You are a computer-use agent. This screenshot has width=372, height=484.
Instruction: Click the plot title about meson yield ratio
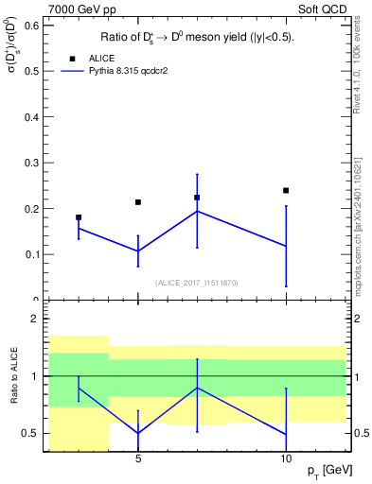tap(197, 38)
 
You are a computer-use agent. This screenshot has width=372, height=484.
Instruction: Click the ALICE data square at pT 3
tap(79, 217)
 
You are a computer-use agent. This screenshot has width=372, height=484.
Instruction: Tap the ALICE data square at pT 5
tap(138, 202)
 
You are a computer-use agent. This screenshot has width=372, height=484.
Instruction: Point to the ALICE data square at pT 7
tap(197, 198)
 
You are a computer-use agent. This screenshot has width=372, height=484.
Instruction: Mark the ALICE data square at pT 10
tap(286, 190)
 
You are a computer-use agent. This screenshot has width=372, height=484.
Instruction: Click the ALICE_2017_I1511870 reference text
tap(197, 282)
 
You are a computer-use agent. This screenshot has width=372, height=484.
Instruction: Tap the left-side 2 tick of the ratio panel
tap(35, 319)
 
